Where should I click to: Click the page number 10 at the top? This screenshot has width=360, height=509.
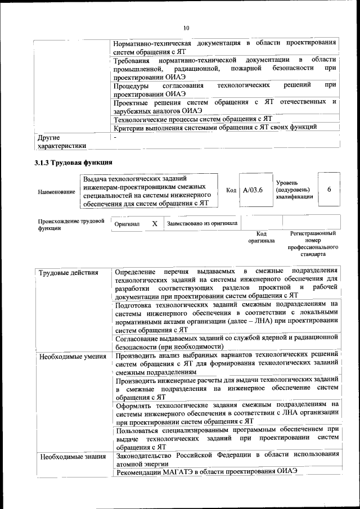point(186,28)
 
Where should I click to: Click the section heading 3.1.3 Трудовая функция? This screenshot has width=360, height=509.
point(70,164)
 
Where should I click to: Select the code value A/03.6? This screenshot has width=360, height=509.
point(253,190)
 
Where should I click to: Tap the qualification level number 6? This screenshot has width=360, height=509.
point(329,190)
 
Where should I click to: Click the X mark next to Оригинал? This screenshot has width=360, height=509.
point(154,223)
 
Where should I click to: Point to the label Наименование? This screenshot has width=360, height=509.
point(56,192)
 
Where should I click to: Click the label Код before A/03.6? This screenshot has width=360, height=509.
point(231,190)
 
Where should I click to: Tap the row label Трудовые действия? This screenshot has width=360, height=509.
point(68,273)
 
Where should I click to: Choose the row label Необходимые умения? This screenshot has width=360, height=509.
point(71,355)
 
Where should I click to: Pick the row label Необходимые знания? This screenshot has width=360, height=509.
point(70,456)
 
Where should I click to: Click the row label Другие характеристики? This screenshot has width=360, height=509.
point(62,141)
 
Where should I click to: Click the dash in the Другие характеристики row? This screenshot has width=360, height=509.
point(115,137)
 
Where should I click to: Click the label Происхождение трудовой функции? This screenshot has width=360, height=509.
point(71,224)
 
